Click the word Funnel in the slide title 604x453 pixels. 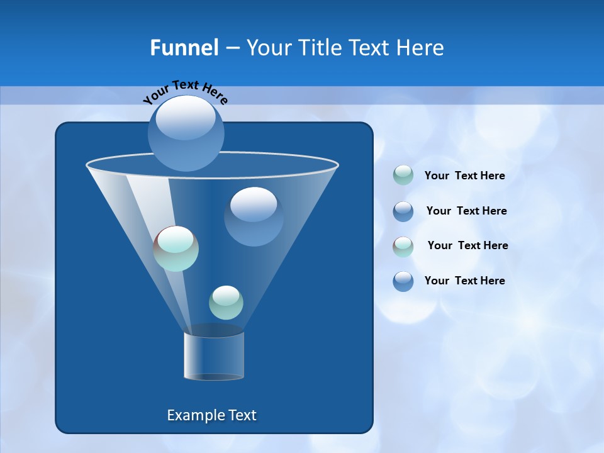[x=184, y=48]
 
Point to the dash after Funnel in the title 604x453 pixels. [x=232, y=48]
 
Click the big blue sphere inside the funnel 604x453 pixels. [x=254, y=216]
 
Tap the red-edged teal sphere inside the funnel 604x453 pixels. [x=176, y=249]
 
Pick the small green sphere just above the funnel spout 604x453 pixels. [x=226, y=303]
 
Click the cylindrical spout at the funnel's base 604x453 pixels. [x=214, y=355]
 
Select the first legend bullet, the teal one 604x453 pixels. [x=403, y=176]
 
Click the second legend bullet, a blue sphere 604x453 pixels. [x=403, y=211]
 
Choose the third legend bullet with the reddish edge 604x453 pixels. [x=403, y=246]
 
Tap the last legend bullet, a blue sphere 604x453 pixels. [x=403, y=281]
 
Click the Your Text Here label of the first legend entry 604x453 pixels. [x=464, y=176]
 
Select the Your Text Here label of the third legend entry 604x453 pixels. [x=467, y=245]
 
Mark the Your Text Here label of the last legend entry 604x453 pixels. [x=464, y=281]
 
